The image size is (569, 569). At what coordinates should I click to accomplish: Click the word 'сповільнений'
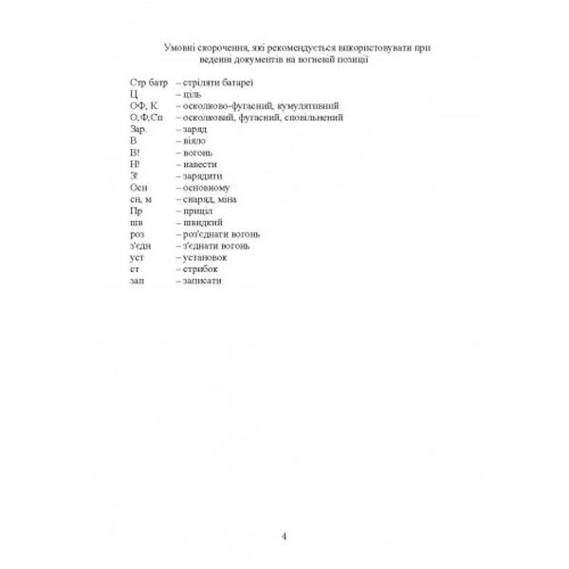(x=314, y=119)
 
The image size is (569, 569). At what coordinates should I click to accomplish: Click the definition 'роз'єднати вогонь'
(x=223, y=234)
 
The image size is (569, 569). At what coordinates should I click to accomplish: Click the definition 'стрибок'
(x=202, y=269)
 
